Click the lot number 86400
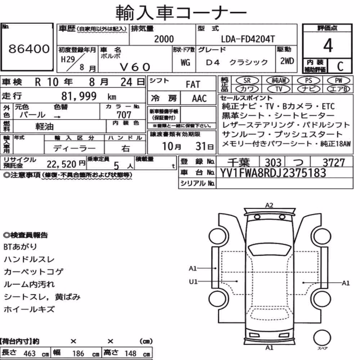(29, 49)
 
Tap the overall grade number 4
(328, 45)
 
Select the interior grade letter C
(340, 67)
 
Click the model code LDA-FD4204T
(248, 39)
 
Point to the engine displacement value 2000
(164, 39)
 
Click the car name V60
(135, 67)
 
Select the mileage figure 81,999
(79, 96)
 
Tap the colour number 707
(124, 114)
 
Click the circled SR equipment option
(247, 81)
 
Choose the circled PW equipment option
(338, 81)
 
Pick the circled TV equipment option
(279, 89)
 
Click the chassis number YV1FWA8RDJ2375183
(273, 173)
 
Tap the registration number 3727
(334, 163)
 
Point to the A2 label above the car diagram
(269, 205)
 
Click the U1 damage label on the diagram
(193, 282)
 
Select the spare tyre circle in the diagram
(322, 338)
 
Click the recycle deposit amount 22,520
(61, 164)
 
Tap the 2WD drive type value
(287, 61)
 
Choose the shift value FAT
(193, 85)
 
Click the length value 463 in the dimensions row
(30, 354)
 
